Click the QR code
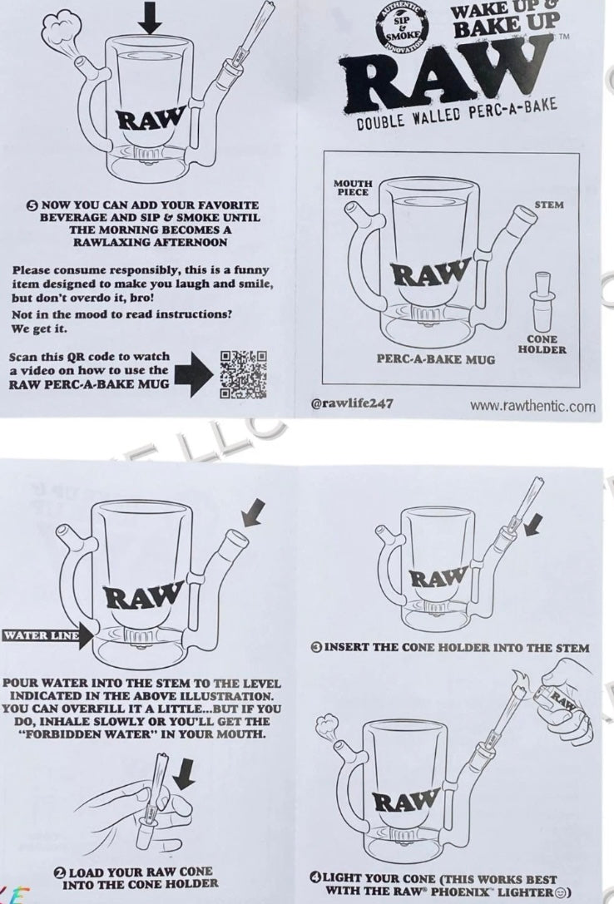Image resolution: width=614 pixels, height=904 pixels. coord(243,375)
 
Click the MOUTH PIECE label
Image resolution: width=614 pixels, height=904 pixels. coord(353,187)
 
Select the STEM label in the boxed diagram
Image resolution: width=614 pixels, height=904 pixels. coord(549,205)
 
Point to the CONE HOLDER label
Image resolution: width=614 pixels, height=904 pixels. coord(542,344)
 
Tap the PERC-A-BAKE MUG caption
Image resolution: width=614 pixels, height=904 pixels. coord(436,359)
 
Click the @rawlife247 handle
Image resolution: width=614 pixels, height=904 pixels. coord(352,403)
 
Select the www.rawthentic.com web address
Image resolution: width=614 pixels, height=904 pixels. coord(532,407)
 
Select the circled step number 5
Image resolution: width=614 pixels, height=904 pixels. coord(33,205)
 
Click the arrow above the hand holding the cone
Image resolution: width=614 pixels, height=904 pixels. coord(186,773)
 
